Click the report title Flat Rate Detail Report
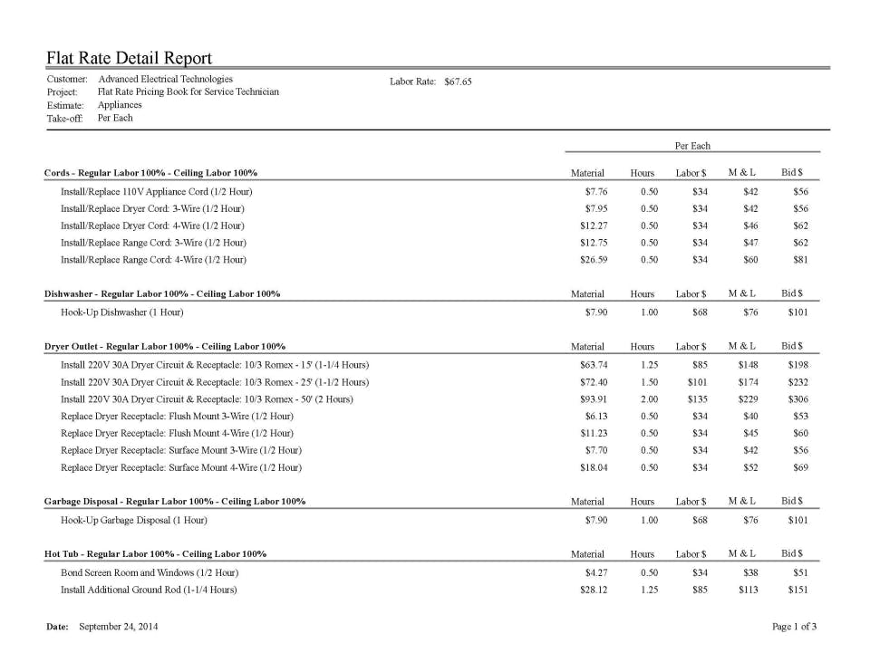(130, 59)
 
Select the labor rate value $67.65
(459, 82)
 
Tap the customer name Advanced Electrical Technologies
(165, 80)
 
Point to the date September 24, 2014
(119, 627)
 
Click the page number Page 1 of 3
(795, 627)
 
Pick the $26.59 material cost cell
(594, 260)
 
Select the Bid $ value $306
(797, 399)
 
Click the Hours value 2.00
(645, 399)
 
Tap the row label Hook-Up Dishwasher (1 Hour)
(121, 312)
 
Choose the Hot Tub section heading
(155, 553)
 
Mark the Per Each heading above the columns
(692, 146)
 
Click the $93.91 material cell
(594, 399)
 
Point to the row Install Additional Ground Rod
(149, 590)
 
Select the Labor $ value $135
(697, 399)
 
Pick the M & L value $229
(748, 399)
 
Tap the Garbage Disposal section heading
(174, 501)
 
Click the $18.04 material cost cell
(594, 467)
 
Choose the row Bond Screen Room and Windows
(150, 572)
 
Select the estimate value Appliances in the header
(120, 105)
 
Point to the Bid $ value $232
(797, 382)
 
